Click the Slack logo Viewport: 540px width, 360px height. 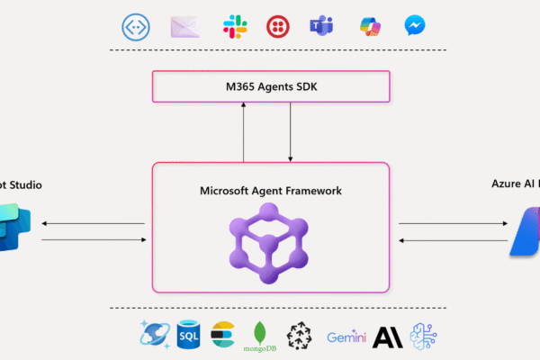tap(235, 26)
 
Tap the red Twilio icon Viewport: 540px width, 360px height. tap(277, 26)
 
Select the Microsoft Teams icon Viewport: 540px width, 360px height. tap(321, 26)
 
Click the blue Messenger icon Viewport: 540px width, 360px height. tap(415, 25)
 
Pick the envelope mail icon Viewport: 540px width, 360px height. tap(184, 26)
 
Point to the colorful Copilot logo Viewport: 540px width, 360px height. tap(369, 25)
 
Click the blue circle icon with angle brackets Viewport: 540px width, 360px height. tap(136, 26)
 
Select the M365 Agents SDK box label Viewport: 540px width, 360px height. tap(271, 86)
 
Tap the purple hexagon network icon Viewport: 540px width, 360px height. tap(271, 241)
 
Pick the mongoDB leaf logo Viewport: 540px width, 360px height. tap(259, 333)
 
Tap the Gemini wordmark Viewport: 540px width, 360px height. tap(346, 337)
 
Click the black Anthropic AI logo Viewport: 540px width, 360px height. tap(384, 335)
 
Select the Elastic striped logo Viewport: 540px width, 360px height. tap(222, 334)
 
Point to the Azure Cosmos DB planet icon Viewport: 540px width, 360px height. tap(152, 334)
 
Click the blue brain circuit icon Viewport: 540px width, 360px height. tap(422, 334)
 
